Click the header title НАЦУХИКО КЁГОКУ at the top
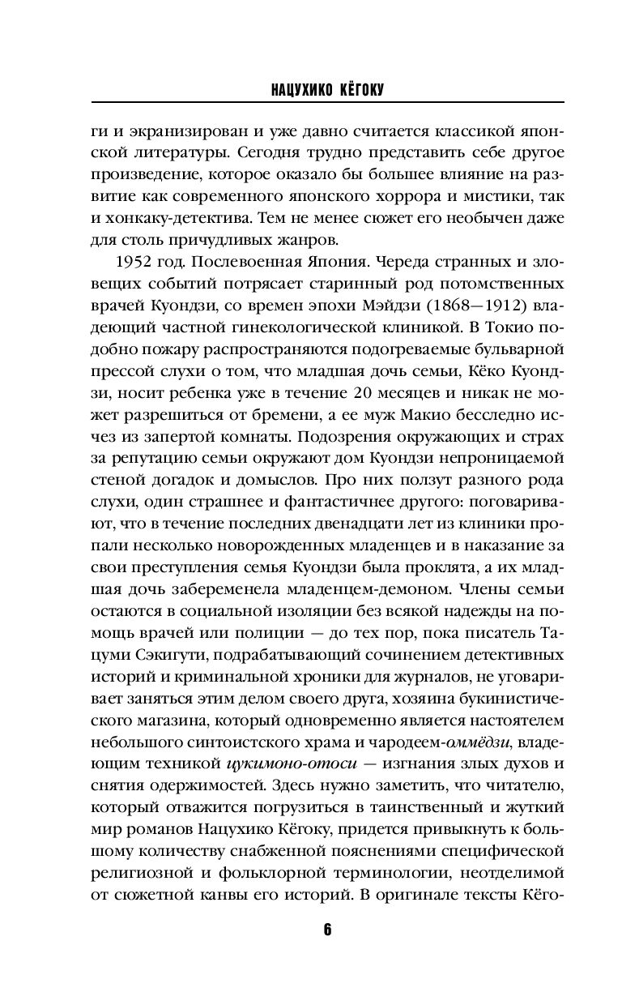pyautogui.click(x=327, y=92)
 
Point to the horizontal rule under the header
pyautogui.click(x=327, y=103)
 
